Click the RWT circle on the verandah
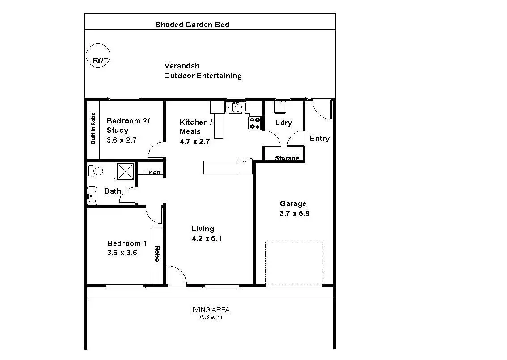98,56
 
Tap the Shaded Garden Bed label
192,25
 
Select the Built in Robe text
93,128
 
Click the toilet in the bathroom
95,170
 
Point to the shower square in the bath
125,171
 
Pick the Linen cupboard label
152,173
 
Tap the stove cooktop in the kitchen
255,123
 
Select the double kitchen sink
235,107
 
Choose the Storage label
287,158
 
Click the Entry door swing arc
321,109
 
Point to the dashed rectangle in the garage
293,263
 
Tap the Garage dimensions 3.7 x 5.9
295,213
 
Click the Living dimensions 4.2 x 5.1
207,238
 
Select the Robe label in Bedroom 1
157,254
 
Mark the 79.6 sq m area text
210,317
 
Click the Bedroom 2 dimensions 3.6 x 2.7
121,140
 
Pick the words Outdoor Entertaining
203,76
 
